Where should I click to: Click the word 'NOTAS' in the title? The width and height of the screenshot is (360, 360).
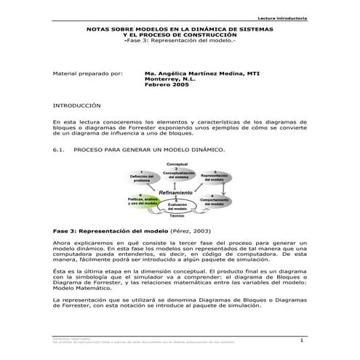[99, 29]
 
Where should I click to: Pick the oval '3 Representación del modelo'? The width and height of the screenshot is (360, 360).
[214, 179]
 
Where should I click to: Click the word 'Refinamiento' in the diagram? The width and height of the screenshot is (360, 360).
[176, 192]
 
